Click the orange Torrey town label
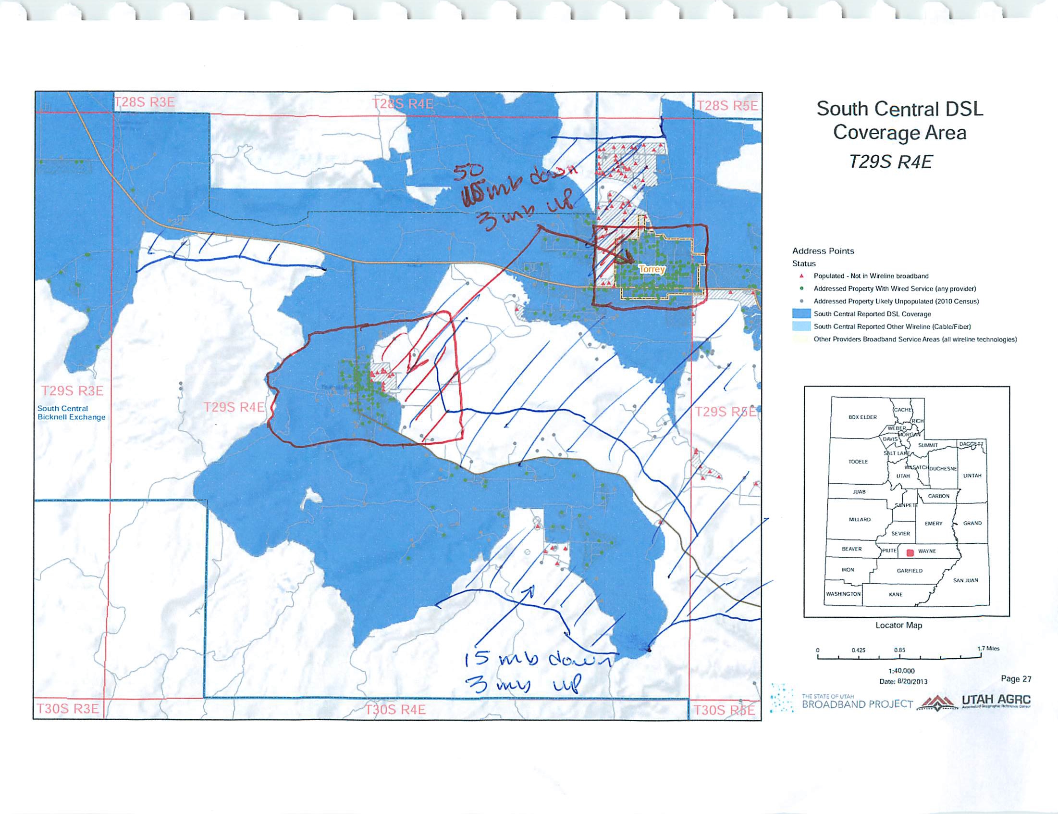[x=652, y=269]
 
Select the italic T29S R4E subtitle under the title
[x=890, y=162]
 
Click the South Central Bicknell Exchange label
[x=71, y=413]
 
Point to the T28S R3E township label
[x=145, y=102]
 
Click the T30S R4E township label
[x=395, y=710]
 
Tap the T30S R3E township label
[x=67, y=709]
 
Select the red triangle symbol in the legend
[x=802, y=276]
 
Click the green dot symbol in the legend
[x=802, y=289]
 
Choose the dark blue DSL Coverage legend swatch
[x=802, y=314]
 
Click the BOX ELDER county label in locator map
[x=862, y=417]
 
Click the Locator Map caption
[x=898, y=626]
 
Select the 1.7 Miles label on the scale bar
[x=988, y=648]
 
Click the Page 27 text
[x=1016, y=679]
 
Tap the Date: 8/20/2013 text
[x=903, y=681]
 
